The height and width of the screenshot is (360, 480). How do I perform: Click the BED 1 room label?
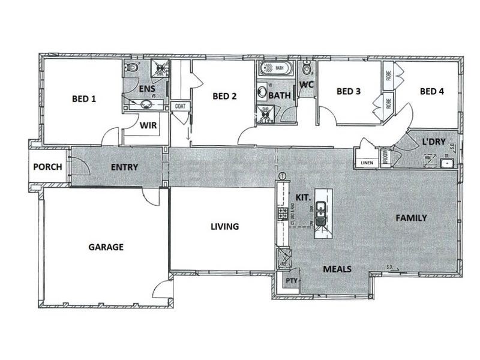pyautogui.click(x=84, y=98)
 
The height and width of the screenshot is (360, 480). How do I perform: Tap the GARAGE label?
pyautogui.click(x=106, y=247)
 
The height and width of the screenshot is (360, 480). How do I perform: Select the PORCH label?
pyautogui.click(x=47, y=167)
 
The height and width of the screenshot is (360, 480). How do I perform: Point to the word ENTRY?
pyautogui.click(x=125, y=167)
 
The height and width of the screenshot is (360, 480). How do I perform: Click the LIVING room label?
pyautogui.click(x=224, y=227)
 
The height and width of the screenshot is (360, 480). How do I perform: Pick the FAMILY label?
pyautogui.click(x=410, y=218)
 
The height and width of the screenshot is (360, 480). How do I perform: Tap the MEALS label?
pyautogui.click(x=337, y=269)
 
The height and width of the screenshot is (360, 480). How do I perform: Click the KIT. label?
pyautogui.click(x=302, y=197)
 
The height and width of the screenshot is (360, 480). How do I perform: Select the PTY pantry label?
pyautogui.click(x=292, y=280)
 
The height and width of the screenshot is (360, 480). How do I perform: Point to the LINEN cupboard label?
pyautogui.click(x=366, y=163)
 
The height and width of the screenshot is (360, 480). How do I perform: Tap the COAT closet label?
pyautogui.click(x=180, y=106)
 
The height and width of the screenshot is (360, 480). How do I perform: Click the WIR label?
pyautogui.click(x=148, y=126)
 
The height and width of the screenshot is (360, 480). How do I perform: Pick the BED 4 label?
pyautogui.click(x=432, y=92)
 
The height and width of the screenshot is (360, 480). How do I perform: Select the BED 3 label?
pyautogui.click(x=349, y=92)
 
